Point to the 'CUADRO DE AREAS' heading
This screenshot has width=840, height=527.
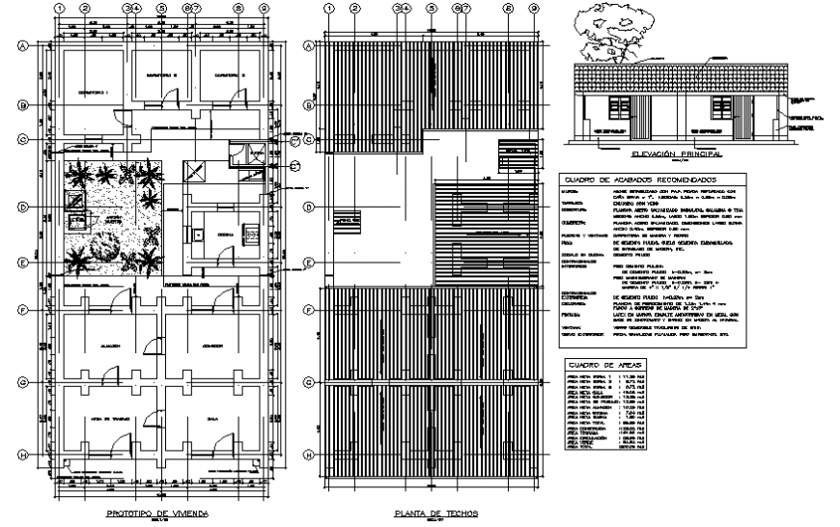[594, 365]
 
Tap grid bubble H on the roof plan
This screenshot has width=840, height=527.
[309, 455]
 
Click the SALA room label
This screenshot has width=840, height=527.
[212, 420]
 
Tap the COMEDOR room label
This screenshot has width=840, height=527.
[212, 345]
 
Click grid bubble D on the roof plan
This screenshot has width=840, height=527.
[309, 208]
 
